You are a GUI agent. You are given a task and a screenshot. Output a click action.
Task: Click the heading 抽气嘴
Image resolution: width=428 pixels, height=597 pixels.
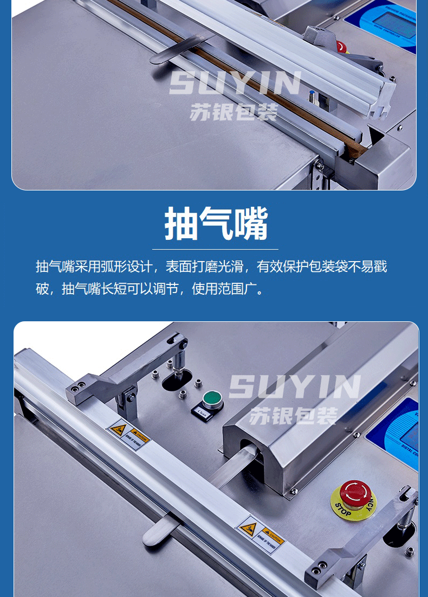tap(216, 224)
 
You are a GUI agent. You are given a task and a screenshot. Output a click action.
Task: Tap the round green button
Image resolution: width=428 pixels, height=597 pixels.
tap(212, 399)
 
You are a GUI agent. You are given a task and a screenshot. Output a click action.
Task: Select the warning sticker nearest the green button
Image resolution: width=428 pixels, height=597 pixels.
tap(127, 434)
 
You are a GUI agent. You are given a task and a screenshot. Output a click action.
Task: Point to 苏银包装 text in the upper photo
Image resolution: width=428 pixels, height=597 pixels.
tap(234, 111)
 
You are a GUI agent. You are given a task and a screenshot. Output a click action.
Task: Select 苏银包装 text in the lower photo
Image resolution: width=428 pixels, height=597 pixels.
tap(293, 416)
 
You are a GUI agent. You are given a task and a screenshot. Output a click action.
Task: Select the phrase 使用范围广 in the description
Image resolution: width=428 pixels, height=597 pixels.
tap(225, 289)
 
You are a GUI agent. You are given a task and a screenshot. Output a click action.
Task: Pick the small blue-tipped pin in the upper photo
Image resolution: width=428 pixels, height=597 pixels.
tap(312, 98)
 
